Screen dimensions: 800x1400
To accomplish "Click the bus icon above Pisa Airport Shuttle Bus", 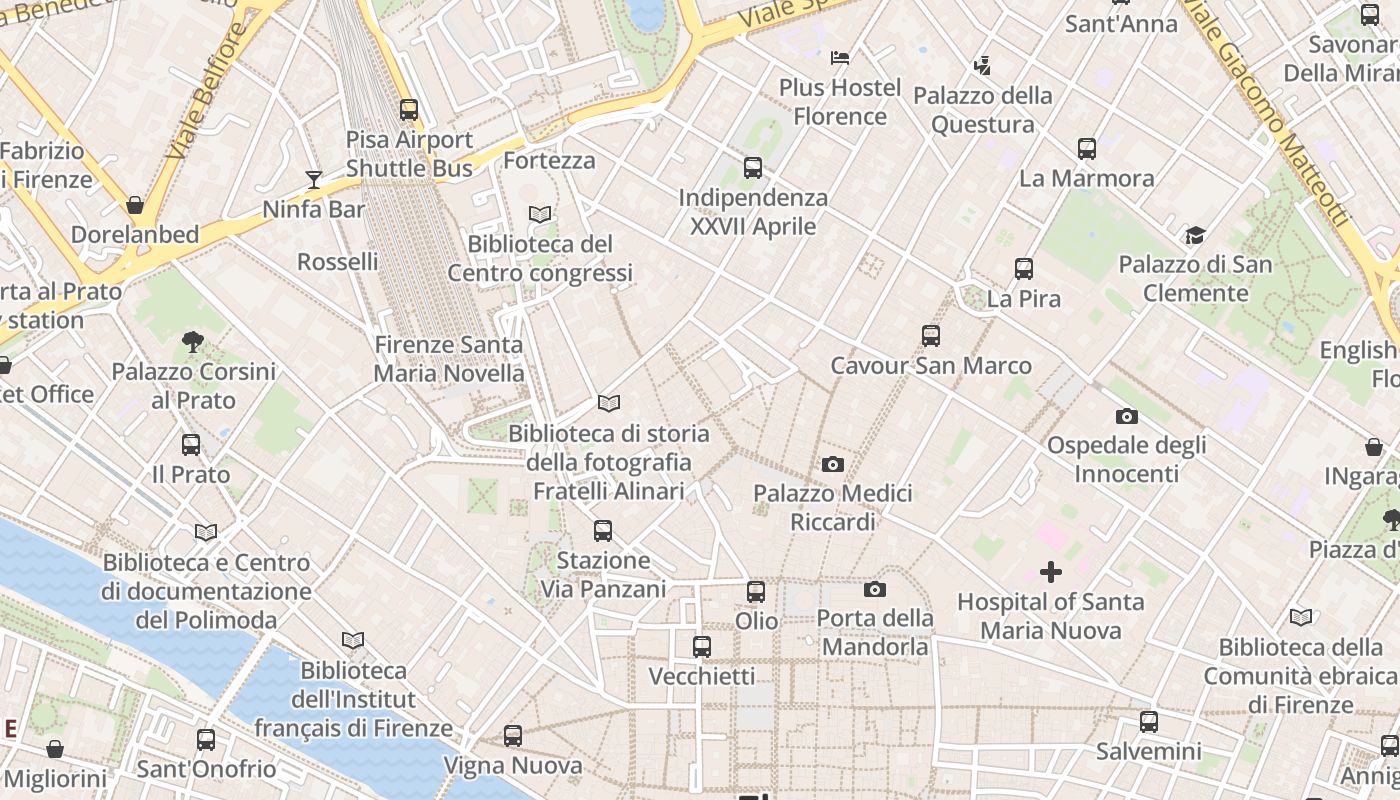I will pos(408,110).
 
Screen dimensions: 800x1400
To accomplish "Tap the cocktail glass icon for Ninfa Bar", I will pos(314,180).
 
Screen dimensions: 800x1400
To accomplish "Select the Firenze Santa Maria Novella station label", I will pos(449,359).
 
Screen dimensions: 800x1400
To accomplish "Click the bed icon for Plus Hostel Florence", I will pos(840,58).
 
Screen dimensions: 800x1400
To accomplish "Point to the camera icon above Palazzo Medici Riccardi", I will pos(832,464).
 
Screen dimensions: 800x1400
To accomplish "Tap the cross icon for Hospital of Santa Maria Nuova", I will pos(1051,572).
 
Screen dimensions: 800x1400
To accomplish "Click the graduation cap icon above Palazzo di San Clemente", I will pos(1195,236).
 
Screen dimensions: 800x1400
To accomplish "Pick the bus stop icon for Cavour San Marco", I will pos(931,336).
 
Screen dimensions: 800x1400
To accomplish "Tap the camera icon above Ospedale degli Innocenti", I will pos(1127,416).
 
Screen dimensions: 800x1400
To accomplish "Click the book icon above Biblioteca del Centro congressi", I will pos(540,214).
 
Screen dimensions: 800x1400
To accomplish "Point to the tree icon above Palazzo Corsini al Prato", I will pos(193,343).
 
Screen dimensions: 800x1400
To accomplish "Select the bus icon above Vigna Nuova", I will pos(513,736).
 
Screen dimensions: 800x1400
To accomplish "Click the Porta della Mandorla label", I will pos(875,632).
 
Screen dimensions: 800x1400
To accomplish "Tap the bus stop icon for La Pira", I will pos(1023,269).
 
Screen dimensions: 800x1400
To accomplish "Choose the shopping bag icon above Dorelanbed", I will pos(135,206).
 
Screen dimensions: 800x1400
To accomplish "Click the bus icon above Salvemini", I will pos(1149,722).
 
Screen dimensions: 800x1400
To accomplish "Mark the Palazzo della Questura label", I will pos(983,110).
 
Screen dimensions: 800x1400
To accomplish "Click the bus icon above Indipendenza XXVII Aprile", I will pos(753,168).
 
